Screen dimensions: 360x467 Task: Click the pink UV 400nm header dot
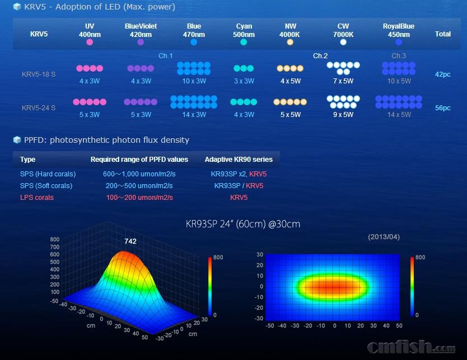point(90,42)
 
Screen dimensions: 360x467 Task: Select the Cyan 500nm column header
point(244,30)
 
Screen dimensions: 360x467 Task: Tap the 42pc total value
point(442,74)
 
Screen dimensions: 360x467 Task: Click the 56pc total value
point(442,108)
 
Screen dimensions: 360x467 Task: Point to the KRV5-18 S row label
point(39,74)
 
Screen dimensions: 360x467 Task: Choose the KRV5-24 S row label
point(39,108)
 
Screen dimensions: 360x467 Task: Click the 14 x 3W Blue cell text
point(193,115)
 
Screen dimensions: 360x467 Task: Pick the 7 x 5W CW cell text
point(343,81)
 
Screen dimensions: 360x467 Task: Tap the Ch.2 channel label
point(320,56)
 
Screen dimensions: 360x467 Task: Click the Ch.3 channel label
point(399,56)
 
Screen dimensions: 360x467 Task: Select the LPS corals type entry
point(37,198)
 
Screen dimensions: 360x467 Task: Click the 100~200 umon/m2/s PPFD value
point(139,198)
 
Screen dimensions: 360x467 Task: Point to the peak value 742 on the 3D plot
point(130,241)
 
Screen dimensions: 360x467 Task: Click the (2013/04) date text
point(384,237)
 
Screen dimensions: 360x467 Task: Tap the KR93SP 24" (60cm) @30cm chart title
point(242,224)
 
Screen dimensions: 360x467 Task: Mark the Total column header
point(442,34)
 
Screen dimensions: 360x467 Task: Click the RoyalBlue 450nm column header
point(398,30)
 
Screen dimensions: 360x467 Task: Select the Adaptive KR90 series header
point(239,160)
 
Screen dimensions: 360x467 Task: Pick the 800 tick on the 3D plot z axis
point(54,240)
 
